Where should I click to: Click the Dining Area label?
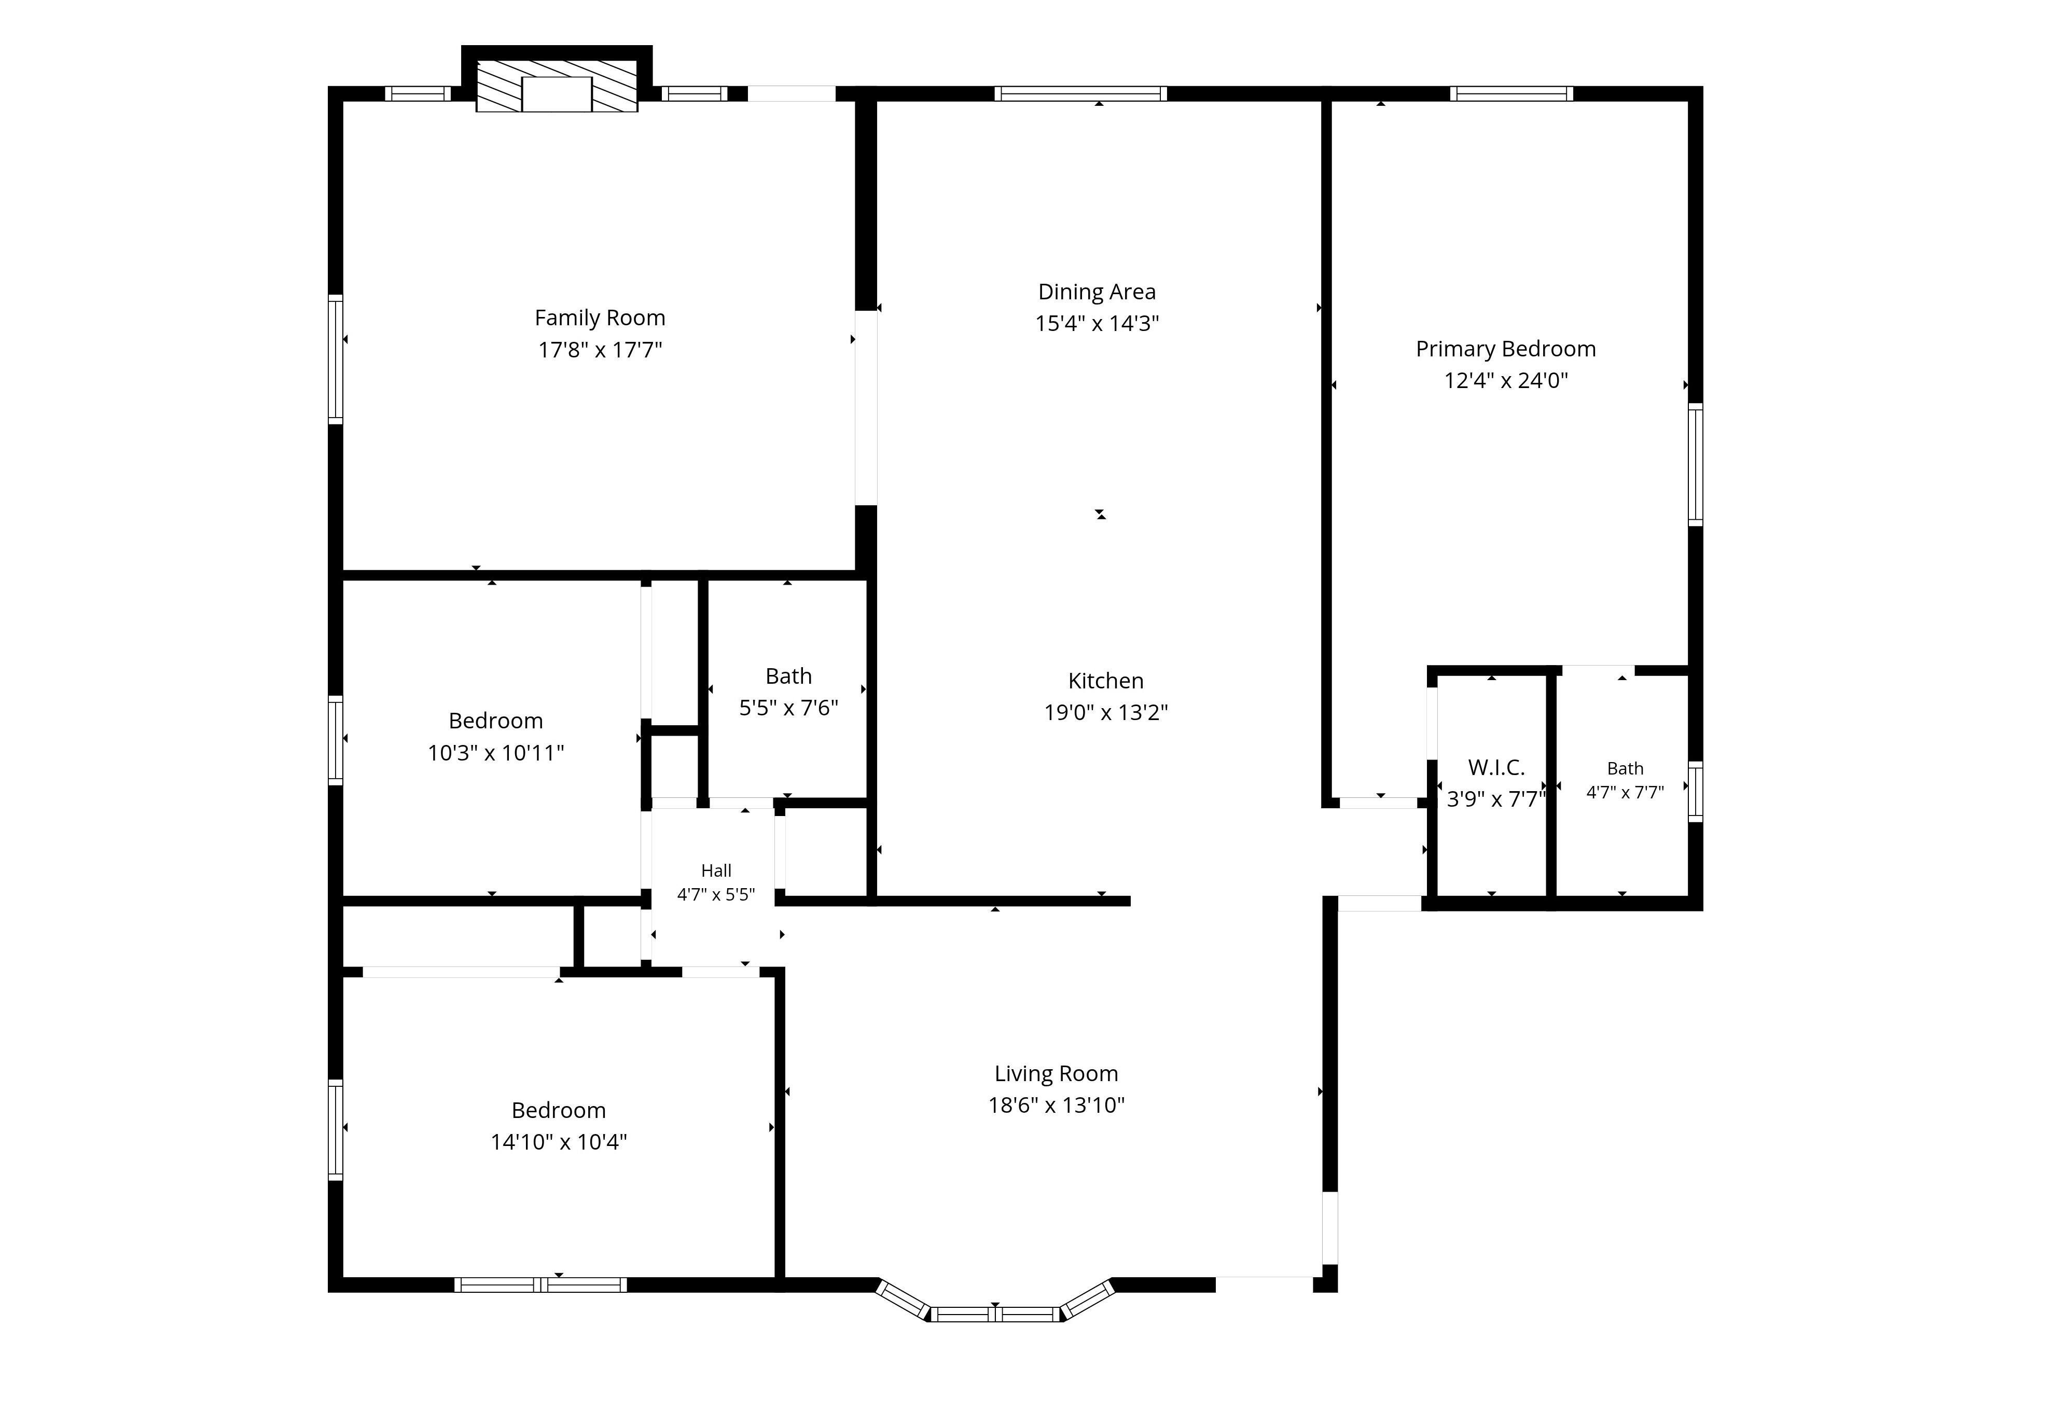click(1097, 292)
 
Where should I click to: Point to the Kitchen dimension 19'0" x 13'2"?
click(1105, 712)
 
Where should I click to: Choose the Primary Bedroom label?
click(1506, 349)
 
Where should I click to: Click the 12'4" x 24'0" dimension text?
click(1506, 381)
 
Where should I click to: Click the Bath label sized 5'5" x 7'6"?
click(788, 676)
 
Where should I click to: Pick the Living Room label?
click(1056, 1073)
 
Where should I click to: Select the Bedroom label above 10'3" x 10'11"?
click(496, 721)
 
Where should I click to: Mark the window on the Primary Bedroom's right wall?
click(1696, 464)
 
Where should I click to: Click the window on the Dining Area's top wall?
click(1080, 93)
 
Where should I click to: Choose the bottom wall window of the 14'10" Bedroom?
click(540, 1285)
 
